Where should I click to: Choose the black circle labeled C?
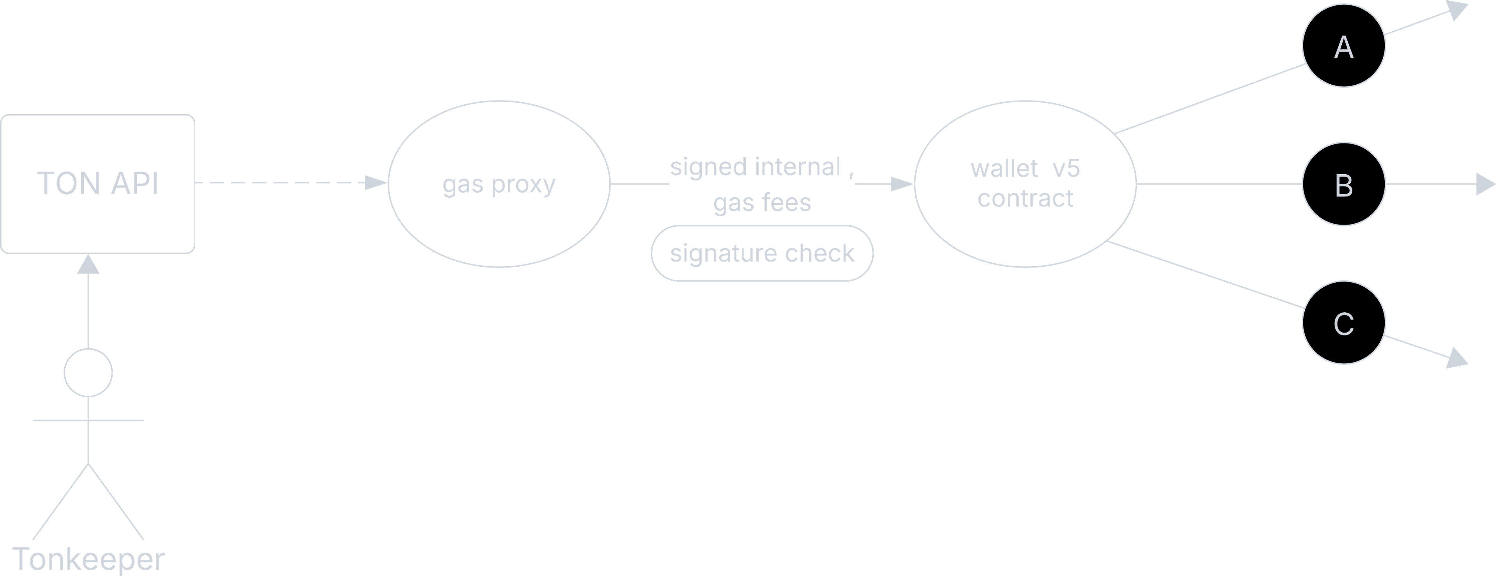(x=1343, y=322)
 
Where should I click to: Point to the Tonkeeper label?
(x=88, y=559)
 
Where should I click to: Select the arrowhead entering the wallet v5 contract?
(x=902, y=184)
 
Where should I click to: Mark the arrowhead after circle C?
(x=1458, y=359)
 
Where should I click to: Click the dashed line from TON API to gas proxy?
(x=280, y=183)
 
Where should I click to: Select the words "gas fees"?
(x=762, y=202)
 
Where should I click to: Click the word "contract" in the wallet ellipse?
(x=1025, y=198)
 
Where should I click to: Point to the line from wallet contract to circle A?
(x=1209, y=99)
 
